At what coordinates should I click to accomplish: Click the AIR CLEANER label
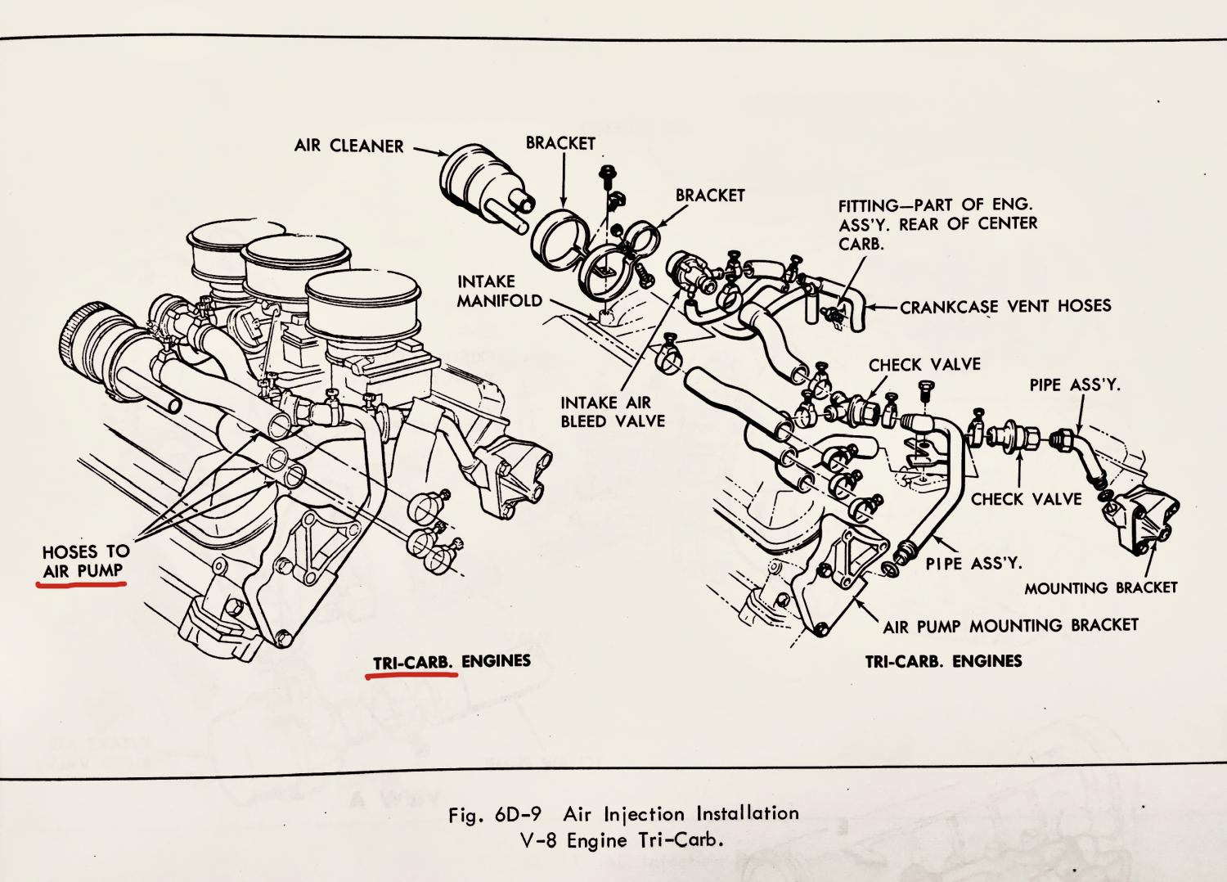pos(348,146)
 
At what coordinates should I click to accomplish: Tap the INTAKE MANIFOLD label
pos(499,291)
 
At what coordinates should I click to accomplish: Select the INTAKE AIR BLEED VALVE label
pos(613,412)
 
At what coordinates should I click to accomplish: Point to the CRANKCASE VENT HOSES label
pos(1005,306)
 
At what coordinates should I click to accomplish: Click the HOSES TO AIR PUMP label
pos(86,561)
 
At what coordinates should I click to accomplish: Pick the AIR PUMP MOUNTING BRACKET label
pos(1010,626)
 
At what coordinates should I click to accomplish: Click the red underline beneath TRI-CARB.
pos(408,677)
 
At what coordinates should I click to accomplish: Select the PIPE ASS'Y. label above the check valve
pos(1075,384)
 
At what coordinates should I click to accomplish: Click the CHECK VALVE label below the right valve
pos(1026,498)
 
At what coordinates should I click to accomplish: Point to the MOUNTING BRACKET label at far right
pos(1100,587)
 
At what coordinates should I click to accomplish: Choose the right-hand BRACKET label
pos(710,196)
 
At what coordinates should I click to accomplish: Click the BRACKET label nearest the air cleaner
pos(560,143)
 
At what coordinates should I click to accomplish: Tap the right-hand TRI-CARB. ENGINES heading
pos(943,661)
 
